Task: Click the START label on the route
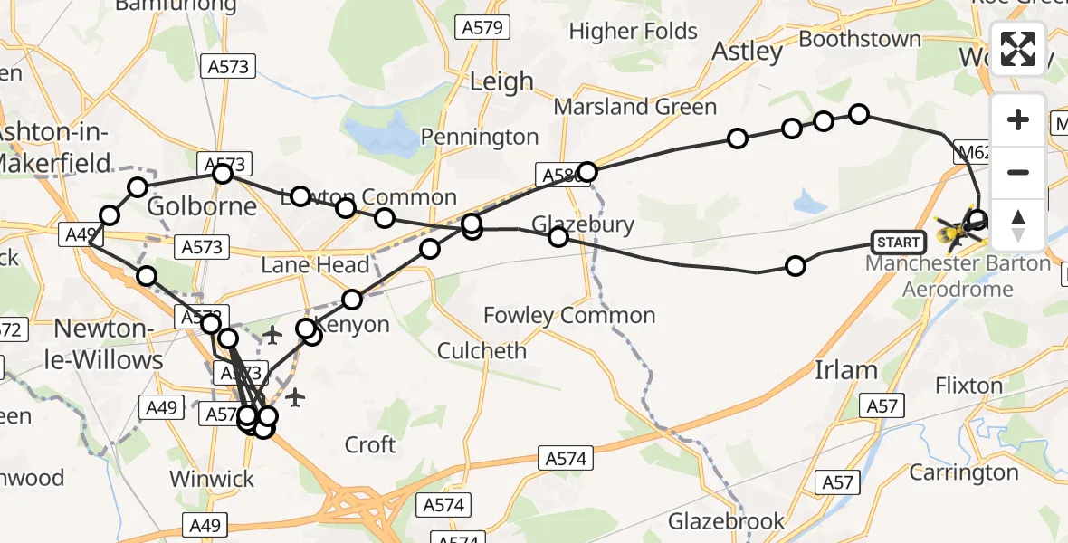coord(898,242)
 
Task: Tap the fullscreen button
coord(1018,49)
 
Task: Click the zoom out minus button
coord(1018,172)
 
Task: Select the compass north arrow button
coord(1018,224)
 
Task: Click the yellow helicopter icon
coord(954,234)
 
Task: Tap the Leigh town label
coord(501,82)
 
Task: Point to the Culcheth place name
coord(482,350)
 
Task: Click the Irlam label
coord(845,370)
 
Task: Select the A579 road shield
coord(481,28)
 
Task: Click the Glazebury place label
coord(583,224)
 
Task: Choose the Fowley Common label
coord(569,316)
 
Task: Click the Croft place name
coord(370,444)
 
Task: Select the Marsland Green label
coord(634,107)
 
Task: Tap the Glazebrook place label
coord(727,521)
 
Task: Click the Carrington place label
coord(963,472)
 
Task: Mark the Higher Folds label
coord(634,32)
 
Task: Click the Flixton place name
coord(968,386)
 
